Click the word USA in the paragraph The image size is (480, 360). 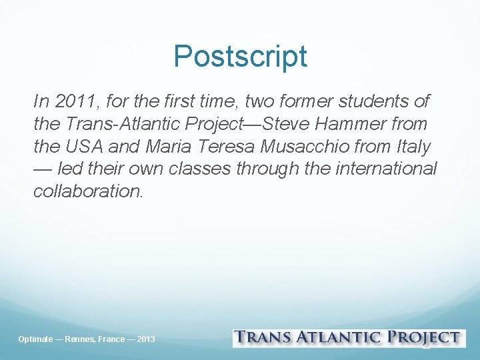[86, 146]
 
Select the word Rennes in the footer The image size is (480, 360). [78, 339]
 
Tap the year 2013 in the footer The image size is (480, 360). [145, 339]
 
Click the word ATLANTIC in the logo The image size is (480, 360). [340, 338]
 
